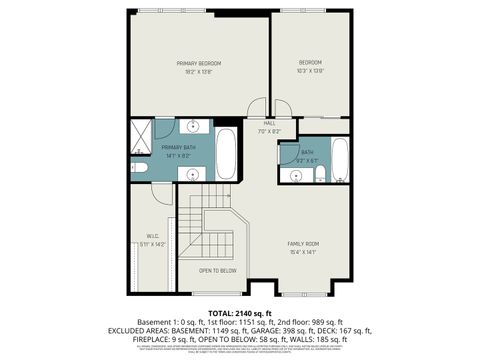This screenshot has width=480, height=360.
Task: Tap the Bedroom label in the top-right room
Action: coord(310,63)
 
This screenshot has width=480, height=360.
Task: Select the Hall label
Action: coord(269,123)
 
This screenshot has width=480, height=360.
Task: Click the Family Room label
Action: coord(303,244)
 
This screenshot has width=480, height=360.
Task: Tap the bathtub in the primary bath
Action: coord(227,156)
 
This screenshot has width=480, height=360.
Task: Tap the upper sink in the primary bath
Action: coord(193,128)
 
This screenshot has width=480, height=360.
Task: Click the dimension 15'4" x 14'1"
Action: coord(303,252)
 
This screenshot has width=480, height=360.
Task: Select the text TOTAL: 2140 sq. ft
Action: coord(240,313)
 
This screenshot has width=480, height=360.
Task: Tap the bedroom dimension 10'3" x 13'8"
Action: coord(310,71)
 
